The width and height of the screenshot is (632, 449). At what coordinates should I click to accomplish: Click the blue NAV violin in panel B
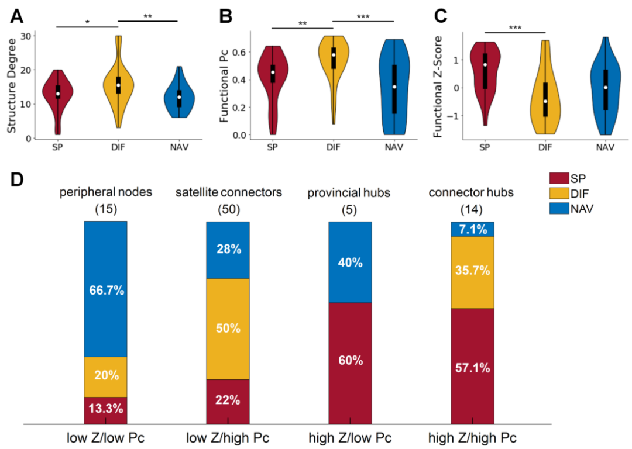(394, 88)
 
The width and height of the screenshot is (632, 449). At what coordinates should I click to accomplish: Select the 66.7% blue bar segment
(105, 289)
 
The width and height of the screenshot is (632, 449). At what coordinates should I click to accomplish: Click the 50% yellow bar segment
(228, 329)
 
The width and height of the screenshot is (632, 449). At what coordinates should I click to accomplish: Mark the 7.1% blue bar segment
(472, 229)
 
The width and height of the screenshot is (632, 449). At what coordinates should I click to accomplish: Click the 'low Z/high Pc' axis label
(228, 438)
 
